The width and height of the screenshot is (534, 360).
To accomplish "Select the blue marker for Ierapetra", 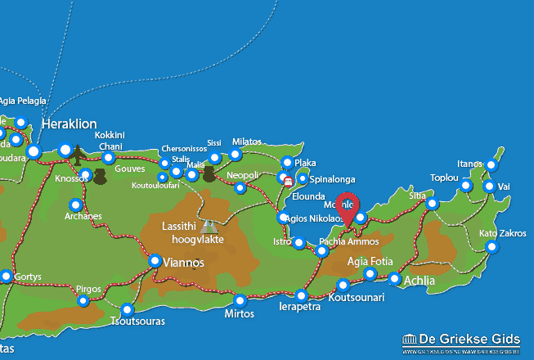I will coord(302,295).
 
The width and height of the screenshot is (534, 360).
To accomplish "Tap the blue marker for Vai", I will coord(489,187).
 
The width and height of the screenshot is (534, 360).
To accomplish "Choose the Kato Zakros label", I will coord(502,233).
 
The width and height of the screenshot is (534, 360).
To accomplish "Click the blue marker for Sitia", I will coord(432,204).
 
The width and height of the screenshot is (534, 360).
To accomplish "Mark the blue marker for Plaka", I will coord(287,163).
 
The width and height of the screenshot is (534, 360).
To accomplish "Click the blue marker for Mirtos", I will coord(240,300).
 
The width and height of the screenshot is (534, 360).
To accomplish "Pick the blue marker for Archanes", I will coord(76,205).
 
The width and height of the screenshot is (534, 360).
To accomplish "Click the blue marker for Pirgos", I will coord(83,301).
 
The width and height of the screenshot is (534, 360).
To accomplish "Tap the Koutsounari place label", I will coord(356,298).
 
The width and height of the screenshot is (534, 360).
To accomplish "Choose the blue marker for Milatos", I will coord(236,155).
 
